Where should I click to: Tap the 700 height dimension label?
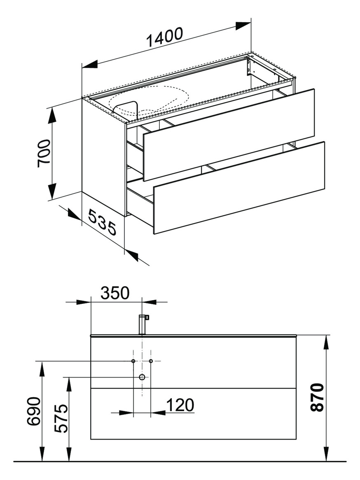tap(44, 153)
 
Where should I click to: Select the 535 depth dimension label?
tap(102, 222)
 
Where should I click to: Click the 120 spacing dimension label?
tap(180, 405)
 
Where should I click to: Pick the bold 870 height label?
tap(317, 397)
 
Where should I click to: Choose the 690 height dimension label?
tap(34, 412)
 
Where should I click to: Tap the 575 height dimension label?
tap(61, 419)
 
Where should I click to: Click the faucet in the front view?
tap(143, 324)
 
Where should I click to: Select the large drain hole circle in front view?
tap(142, 377)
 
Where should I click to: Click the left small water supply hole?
tap(133, 361)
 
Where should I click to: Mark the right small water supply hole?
tap(151, 361)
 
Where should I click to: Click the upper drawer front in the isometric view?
tap(229, 134)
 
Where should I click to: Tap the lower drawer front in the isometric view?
tap(239, 187)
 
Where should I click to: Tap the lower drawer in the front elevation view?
tap(193, 414)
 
